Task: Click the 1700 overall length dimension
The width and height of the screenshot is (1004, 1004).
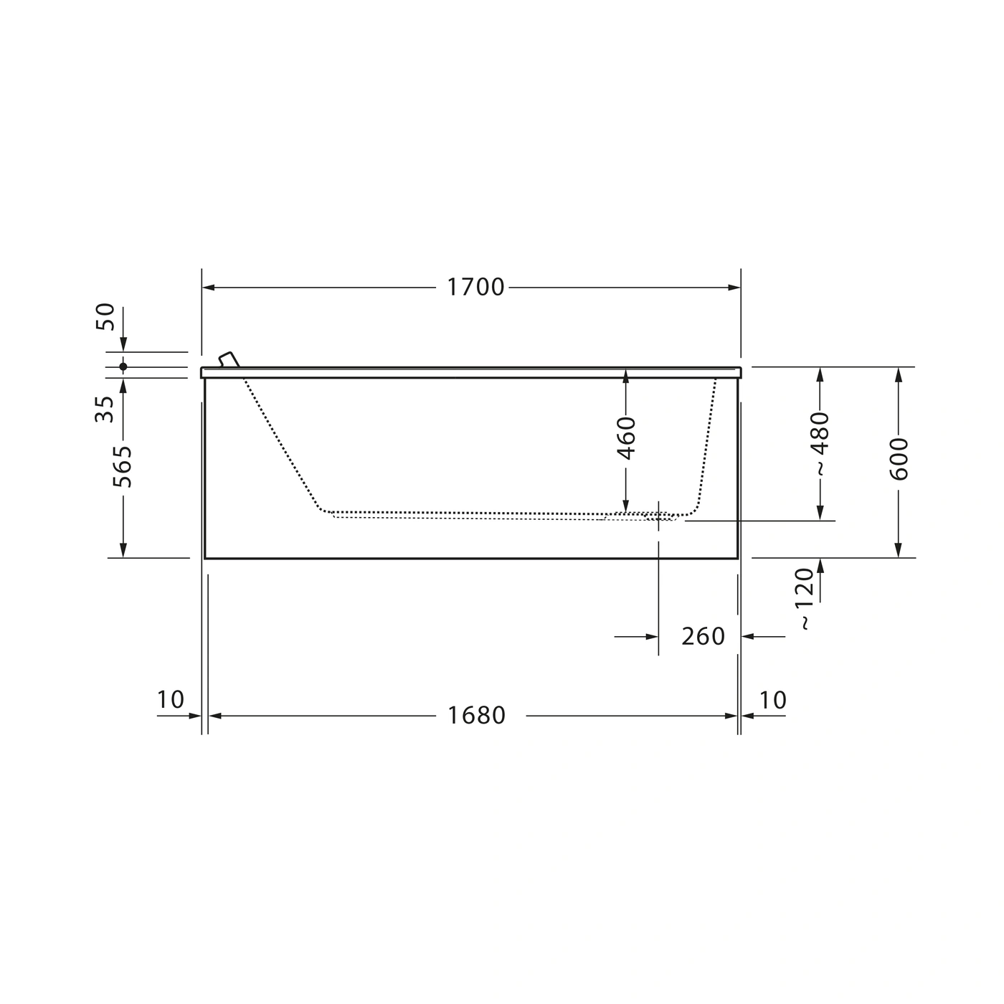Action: [475, 287]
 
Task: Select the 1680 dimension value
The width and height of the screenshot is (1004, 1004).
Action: [476, 716]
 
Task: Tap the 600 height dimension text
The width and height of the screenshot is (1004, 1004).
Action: [899, 459]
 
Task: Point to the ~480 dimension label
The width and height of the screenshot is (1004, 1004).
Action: [820, 443]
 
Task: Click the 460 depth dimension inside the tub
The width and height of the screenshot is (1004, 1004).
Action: [626, 438]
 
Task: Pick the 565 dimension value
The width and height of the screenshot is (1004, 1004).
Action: [123, 466]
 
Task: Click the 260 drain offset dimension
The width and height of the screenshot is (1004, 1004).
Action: [703, 636]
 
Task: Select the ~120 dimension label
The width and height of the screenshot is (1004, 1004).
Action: [805, 599]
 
